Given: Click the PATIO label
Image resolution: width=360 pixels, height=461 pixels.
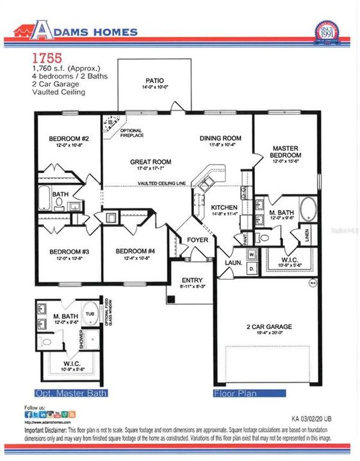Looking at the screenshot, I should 153,81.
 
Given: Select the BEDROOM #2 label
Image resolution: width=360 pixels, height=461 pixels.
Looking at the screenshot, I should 68,139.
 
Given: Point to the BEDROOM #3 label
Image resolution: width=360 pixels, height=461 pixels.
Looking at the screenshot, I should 69,252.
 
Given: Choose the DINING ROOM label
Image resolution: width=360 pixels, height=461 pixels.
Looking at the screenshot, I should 220,138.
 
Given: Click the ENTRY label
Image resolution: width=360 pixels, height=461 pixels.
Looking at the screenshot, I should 192,280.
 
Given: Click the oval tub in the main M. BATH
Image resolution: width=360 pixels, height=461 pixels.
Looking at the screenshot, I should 307,209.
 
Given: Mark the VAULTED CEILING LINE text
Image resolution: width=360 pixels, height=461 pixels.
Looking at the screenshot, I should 161,184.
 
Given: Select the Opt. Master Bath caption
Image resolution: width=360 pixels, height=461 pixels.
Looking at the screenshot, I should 70,392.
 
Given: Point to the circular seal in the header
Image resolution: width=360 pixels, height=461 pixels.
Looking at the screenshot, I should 327,33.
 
